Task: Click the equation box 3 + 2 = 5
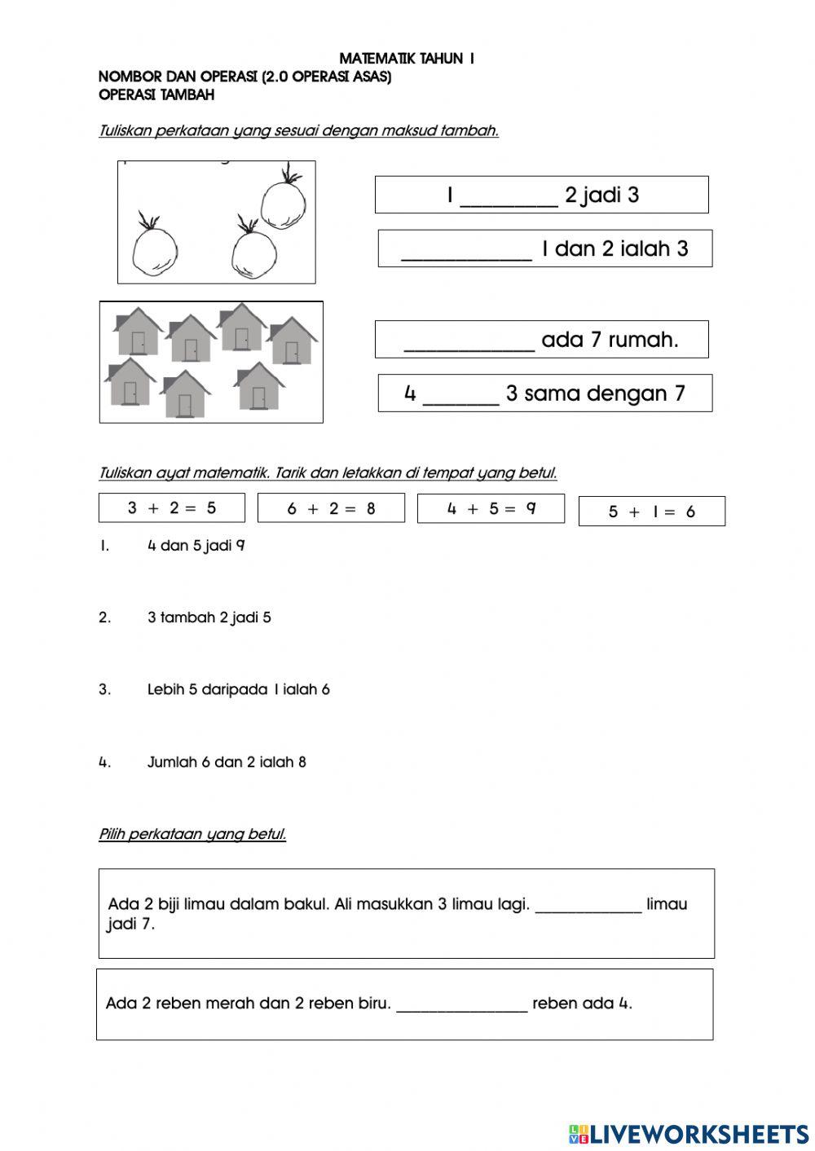click(x=171, y=508)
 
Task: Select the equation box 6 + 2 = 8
click(x=331, y=509)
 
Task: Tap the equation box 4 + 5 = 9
click(x=491, y=509)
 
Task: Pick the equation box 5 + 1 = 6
click(x=651, y=512)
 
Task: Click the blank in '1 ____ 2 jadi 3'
click(x=509, y=196)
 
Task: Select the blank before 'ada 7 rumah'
click(x=469, y=341)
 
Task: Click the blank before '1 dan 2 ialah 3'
click(x=466, y=250)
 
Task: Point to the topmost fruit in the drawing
click(x=284, y=204)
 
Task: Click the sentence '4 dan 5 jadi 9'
click(x=196, y=546)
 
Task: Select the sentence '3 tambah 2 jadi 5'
click(x=209, y=617)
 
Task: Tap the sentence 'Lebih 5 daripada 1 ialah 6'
click(x=238, y=690)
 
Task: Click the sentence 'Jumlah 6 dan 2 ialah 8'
click(x=227, y=762)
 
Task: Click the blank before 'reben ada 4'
click(x=461, y=1004)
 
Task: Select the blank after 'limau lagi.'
click(x=588, y=905)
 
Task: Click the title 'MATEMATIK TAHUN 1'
click(x=407, y=59)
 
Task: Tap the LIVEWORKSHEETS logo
click(x=689, y=1133)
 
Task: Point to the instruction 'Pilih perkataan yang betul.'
click(x=192, y=834)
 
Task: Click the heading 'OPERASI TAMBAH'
click(x=156, y=94)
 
